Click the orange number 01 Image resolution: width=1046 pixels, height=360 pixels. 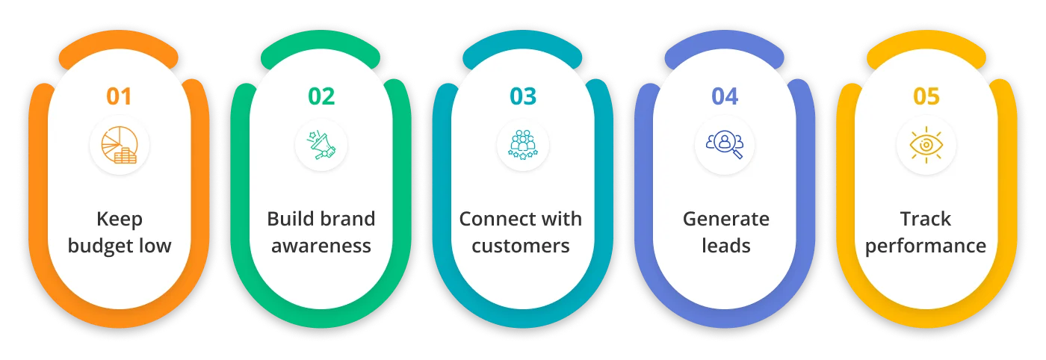(119, 96)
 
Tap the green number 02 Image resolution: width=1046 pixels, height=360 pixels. (321, 96)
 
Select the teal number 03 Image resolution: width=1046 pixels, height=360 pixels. (523, 96)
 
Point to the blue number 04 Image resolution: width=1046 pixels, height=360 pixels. (725, 96)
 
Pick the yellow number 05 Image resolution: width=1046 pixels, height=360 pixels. (926, 96)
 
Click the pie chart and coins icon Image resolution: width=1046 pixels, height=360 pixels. (120, 146)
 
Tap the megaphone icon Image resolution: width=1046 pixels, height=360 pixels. (321, 146)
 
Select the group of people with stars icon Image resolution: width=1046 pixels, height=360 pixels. (523, 146)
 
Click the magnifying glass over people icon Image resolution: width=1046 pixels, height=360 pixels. (725, 146)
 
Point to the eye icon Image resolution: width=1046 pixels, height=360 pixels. (926, 146)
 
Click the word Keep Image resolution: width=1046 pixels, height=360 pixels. (120, 220)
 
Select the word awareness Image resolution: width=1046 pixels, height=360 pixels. (321, 246)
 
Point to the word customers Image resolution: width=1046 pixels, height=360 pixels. (522, 246)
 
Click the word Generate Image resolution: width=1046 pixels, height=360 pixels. (725, 220)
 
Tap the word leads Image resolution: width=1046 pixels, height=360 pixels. (725, 246)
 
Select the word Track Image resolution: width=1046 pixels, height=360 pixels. (926, 220)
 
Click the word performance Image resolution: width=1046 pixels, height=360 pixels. (926, 246)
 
